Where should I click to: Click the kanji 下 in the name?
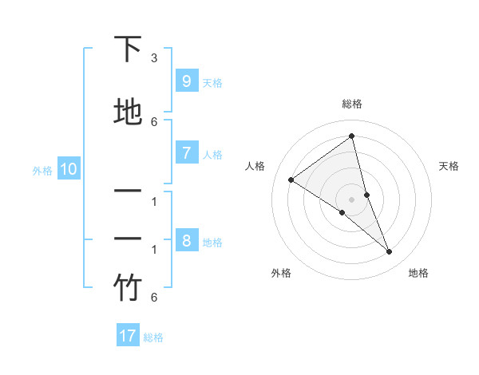(x=128, y=49)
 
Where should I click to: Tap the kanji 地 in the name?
(x=128, y=112)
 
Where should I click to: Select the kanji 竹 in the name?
(x=128, y=288)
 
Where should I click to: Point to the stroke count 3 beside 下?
(x=154, y=58)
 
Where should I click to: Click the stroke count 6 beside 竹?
(x=154, y=298)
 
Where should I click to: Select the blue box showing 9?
(x=186, y=81)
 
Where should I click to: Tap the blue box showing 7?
(x=186, y=153)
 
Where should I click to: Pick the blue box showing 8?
(x=186, y=241)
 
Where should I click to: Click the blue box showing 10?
(x=68, y=169)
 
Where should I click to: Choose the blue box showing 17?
(x=128, y=336)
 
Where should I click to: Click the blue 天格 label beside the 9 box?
(x=212, y=82)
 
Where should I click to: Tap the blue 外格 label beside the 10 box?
(x=42, y=170)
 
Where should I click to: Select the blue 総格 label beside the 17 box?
(x=153, y=337)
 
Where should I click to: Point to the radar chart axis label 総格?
(x=352, y=104)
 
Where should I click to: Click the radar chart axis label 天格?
(x=449, y=166)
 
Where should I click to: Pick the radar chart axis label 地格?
(x=418, y=273)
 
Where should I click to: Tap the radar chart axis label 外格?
(x=281, y=273)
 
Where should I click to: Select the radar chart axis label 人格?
(x=255, y=166)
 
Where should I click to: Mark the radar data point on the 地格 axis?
(x=390, y=252)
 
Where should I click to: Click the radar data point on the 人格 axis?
(x=291, y=180)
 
